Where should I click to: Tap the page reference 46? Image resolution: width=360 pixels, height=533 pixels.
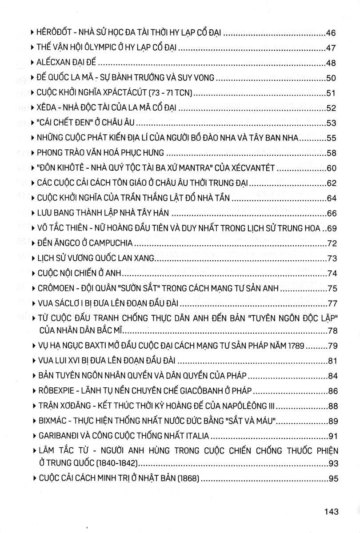pyautogui.click(x=332, y=32)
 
